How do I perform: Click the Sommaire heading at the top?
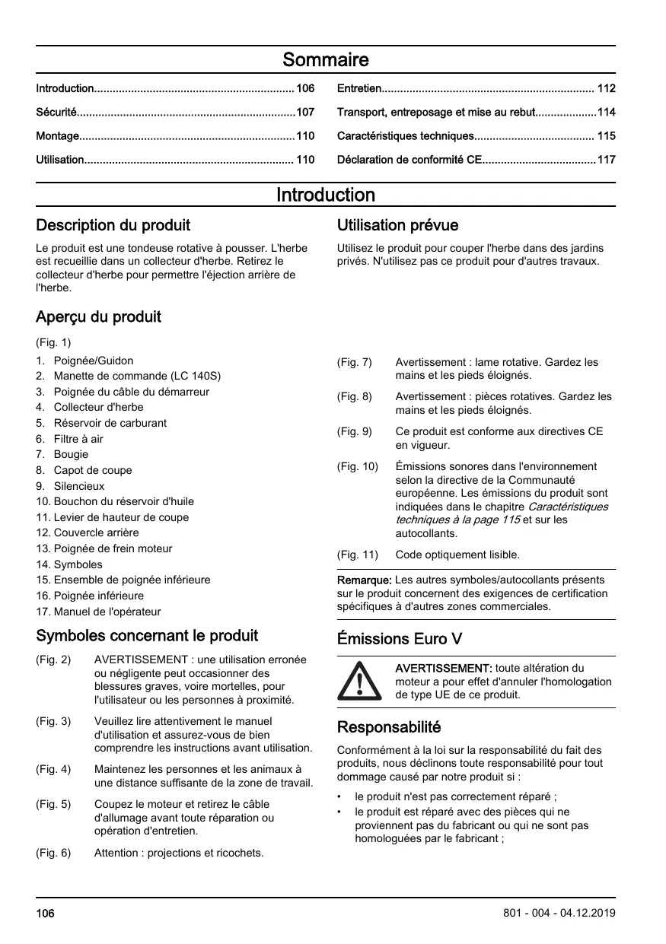pos(325,59)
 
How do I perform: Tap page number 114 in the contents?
pos(606,113)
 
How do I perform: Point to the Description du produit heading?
pos(113,225)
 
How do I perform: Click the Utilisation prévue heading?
pos(397,225)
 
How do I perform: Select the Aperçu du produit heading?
pos(98,316)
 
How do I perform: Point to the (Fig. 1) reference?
pos(53,342)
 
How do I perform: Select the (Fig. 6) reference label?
pos(53,853)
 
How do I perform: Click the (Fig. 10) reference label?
pos(357,466)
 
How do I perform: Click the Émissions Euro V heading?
pos(400,638)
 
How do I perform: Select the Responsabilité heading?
pos(389,726)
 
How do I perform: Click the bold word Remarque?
pos(365,580)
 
